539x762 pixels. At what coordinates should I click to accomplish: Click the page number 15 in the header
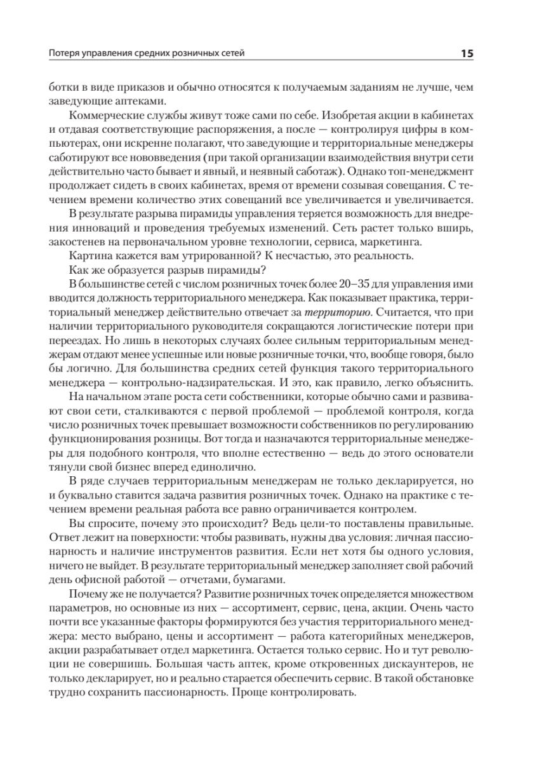coord(466,53)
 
